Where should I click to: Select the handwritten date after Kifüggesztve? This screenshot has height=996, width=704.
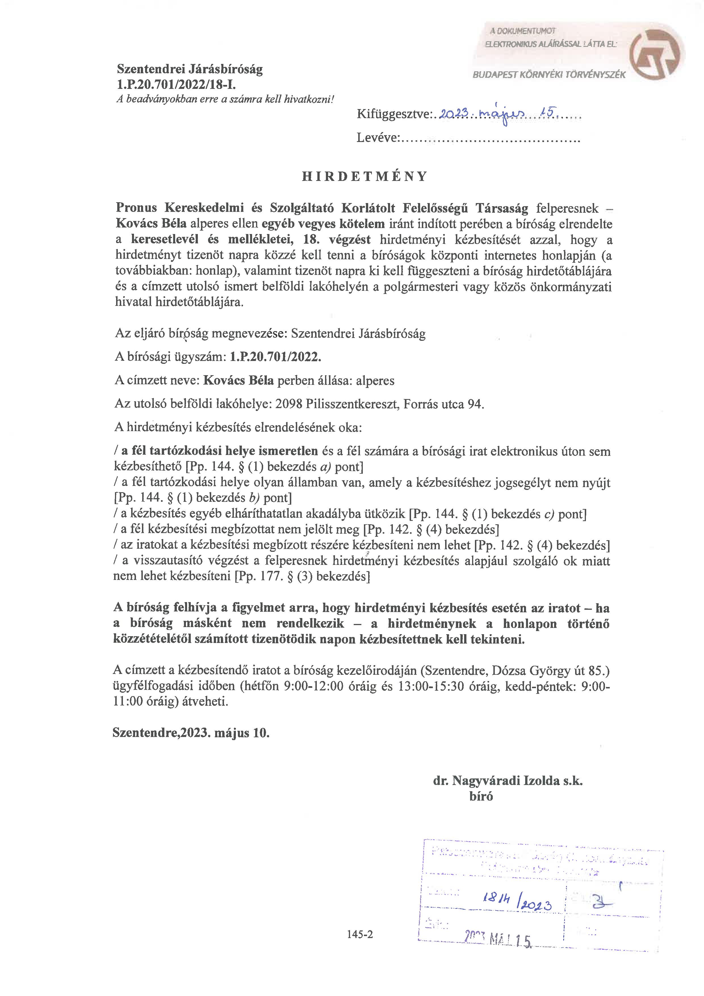coord(496,114)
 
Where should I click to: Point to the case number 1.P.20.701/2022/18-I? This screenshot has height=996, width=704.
coord(177,84)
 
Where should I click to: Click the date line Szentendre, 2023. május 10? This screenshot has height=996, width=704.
coord(191,733)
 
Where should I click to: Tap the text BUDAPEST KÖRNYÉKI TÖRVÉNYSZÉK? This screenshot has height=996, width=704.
coord(549,75)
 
